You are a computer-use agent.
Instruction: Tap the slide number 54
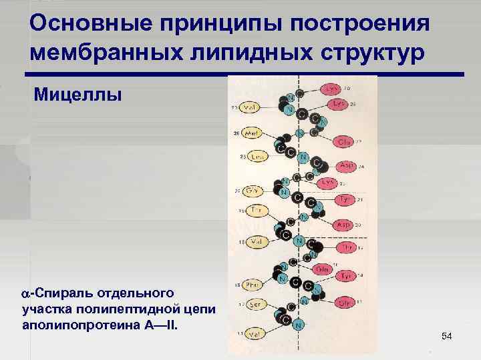[x=447, y=339]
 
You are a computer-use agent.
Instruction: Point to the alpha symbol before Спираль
[x=26, y=293]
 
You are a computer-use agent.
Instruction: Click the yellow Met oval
[x=253, y=133]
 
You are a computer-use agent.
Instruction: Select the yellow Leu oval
[x=257, y=156]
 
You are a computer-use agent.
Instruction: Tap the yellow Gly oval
[x=253, y=190]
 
